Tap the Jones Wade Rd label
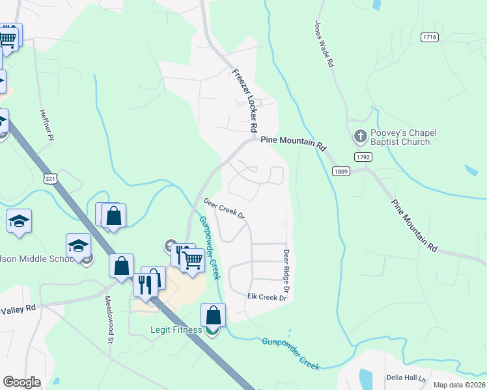click(x=324, y=44)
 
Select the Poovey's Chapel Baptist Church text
click(x=400, y=137)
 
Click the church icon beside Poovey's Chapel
click(x=360, y=136)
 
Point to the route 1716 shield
click(x=429, y=37)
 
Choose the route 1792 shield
click(x=363, y=157)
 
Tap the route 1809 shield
click(x=341, y=171)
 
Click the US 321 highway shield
click(x=49, y=178)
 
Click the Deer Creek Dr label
click(x=223, y=208)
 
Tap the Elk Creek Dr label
click(x=267, y=297)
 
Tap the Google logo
click(x=21, y=382)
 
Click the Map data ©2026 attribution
click(x=459, y=385)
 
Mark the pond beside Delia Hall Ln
click(x=365, y=380)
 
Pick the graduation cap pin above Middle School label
click(x=78, y=246)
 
